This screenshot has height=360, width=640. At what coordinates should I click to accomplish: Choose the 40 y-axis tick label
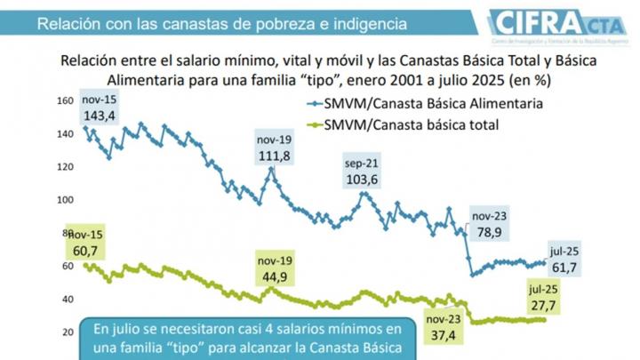click(x=66, y=299)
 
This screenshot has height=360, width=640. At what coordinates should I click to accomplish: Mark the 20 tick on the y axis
click(x=66, y=332)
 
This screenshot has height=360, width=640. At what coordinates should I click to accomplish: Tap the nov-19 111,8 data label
click(x=274, y=149)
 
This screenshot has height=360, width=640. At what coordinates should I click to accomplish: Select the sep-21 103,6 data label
click(x=362, y=173)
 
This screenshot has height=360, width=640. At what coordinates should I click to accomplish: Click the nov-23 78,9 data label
click(x=490, y=225)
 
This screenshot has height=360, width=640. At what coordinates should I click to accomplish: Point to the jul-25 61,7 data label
click(x=566, y=258)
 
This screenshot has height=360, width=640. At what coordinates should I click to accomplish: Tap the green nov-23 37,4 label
click(x=441, y=327)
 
